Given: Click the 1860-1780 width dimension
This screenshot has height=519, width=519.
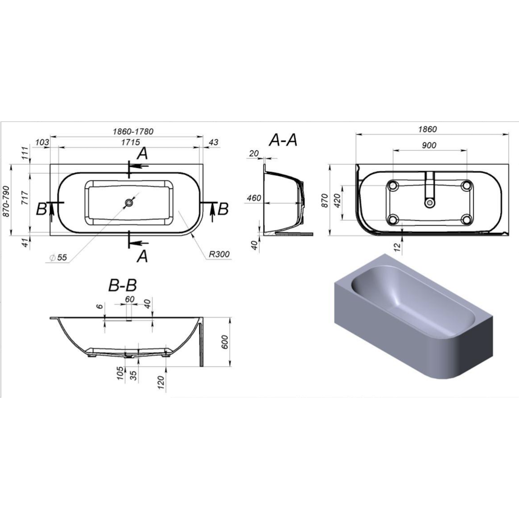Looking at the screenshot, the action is (x=133, y=131).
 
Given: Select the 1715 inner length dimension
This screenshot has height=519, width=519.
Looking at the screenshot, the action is (x=131, y=142).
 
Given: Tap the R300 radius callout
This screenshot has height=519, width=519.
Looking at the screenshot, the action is (x=219, y=254).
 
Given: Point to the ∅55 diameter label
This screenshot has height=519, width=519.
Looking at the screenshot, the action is (x=58, y=257).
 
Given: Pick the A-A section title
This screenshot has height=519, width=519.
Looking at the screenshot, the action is (x=283, y=140).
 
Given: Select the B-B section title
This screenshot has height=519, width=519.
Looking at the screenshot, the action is (x=122, y=285).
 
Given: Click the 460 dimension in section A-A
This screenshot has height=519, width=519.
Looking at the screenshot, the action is (x=254, y=198).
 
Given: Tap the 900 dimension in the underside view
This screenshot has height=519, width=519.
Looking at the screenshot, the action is (x=429, y=145).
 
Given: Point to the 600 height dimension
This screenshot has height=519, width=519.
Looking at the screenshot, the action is (x=225, y=342).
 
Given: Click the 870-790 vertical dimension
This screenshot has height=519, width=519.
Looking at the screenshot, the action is (x=6, y=201).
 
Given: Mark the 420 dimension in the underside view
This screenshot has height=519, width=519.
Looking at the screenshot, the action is (x=337, y=201).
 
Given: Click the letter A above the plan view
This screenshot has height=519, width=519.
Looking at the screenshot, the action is (x=142, y=154).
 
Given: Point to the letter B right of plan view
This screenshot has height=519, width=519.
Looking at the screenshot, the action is (x=223, y=209).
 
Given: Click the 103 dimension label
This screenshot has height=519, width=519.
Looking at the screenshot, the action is (x=42, y=142).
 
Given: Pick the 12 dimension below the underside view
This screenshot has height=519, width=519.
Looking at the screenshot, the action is (x=398, y=246).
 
